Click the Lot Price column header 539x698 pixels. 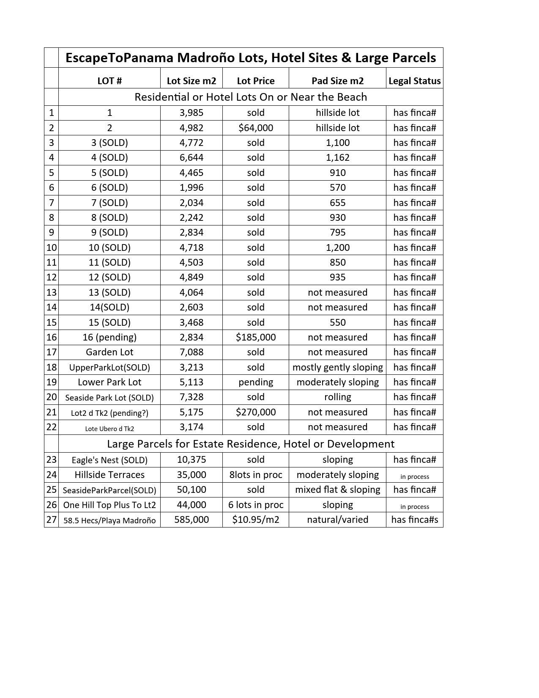tap(255, 81)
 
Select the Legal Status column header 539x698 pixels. tap(414, 81)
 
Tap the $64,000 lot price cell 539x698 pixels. tap(255, 128)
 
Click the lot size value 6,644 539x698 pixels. tap(192, 157)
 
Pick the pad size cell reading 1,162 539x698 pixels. tap(337, 157)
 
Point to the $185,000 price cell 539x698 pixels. tap(255, 337)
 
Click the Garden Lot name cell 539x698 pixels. tap(109, 352)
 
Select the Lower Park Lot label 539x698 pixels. tap(109, 382)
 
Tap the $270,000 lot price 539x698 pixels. tap(255, 412)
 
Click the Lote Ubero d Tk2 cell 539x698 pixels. tap(109, 429)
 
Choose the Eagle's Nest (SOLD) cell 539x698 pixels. tap(109, 460)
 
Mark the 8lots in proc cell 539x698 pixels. tap(255, 475)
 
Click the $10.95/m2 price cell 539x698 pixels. tap(255, 519)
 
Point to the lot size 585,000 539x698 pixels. tap(192, 519)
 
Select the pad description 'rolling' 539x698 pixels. tap(337, 397)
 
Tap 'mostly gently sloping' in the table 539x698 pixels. tap(337, 367)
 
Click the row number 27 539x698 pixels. tap(52, 519)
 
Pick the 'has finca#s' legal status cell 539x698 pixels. tap(414, 519)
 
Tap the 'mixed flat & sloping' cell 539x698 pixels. tap(337, 489)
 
